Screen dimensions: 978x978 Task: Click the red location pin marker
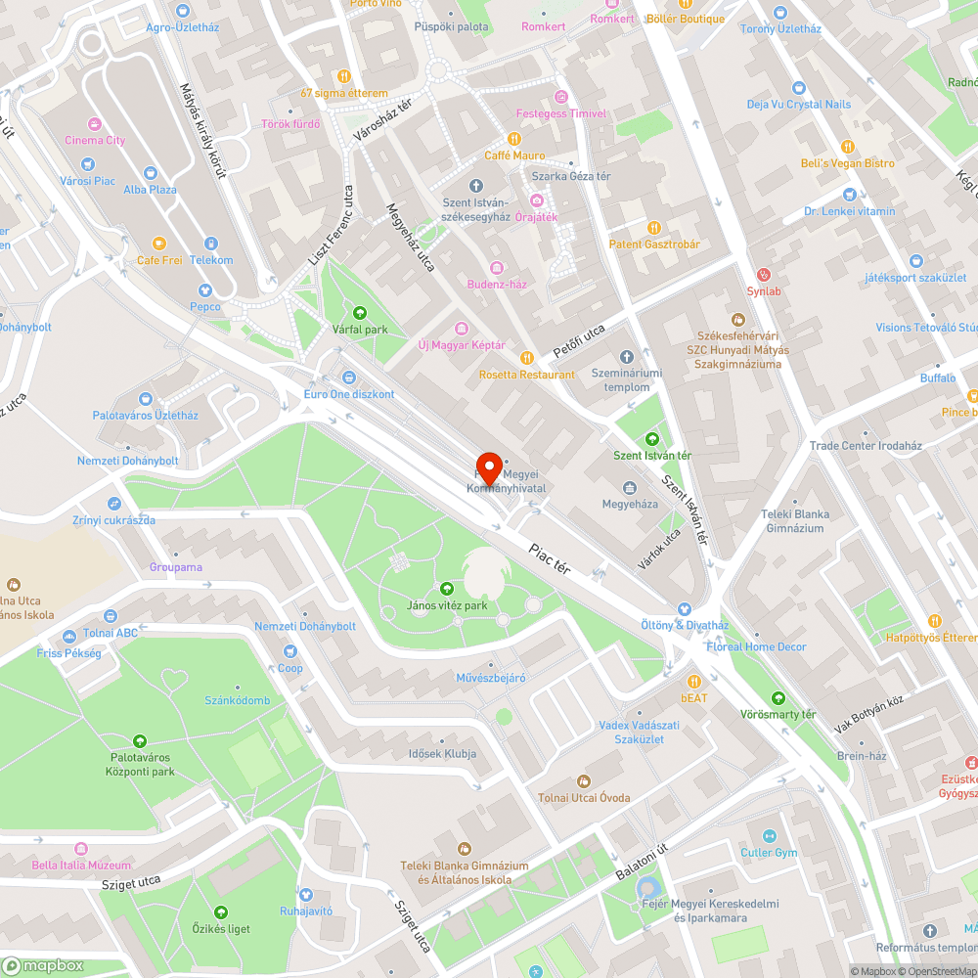point(489,467)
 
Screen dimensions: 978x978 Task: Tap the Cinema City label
point(95,141)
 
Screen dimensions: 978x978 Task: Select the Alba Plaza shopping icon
point(150,173)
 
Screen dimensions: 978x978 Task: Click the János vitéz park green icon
point(447,589)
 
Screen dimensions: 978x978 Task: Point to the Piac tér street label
point(549,558)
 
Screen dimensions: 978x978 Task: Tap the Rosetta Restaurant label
point(527,375)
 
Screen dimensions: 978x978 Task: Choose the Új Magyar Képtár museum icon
point(462,328)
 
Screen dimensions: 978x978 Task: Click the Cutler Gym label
point(769,853)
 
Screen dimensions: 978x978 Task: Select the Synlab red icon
point(764,275)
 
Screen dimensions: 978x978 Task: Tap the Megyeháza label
point(630,505)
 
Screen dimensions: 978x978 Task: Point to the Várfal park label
point(360,330)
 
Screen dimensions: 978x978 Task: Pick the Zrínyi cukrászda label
point(113,520)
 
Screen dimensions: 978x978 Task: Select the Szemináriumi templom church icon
point(627,357)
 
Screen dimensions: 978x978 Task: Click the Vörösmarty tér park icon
point(778,698)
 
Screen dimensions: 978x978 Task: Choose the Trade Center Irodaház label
point(866,446)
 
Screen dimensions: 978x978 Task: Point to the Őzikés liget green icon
point(220,912)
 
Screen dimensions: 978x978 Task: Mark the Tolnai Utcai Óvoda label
point(584,798)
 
